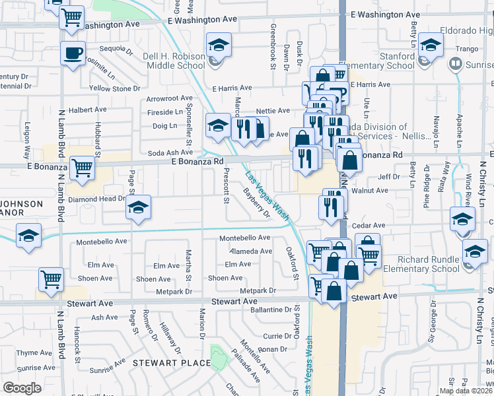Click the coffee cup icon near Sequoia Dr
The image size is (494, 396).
pyautogui.click(x=73, y=52)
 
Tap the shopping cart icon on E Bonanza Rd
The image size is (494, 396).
pyautogui.click(x=82, y=168)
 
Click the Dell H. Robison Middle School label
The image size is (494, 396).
pyautogui.click(x=174, y=61)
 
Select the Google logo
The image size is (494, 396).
pyautogui.click(x=22, y=387)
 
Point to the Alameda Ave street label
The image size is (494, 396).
pyautogui.click(x=250, y=251)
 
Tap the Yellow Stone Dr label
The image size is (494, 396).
pyautogui.click(x=112, y=88)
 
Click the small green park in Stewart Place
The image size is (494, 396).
pyautogui.click(x=217, y=356)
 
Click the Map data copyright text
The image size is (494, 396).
pyautogui.click(x=465, y=391)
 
